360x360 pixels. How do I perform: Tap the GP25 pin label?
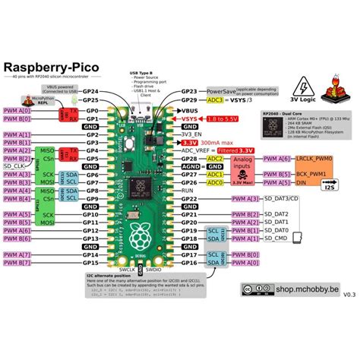[x=90, y=99]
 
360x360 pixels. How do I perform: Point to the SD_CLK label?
[x=14, y=166]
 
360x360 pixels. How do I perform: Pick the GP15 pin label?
[x=90, y=264]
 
